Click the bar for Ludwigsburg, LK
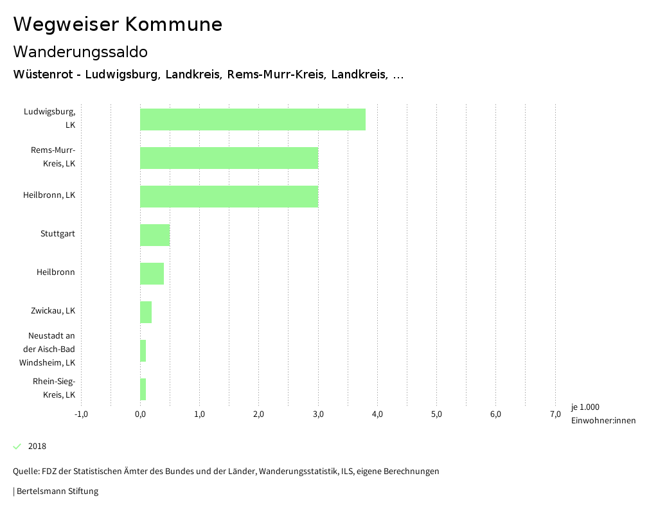click(x=253, y=119)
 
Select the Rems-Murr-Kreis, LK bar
click(x=229, y=158)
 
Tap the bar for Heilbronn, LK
click(x=229, y=197)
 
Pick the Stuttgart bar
click(x=155, y=235)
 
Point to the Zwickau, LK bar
click(x=146, y=312)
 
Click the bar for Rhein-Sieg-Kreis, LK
click(x=143, y=389)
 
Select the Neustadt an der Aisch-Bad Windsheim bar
click(x=143, y=351)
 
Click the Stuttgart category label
click(x=58, y=234)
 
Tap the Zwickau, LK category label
click(x=53, y=311)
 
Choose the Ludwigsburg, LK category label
click(x=50, y=118)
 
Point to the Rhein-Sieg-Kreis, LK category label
click(x=55, y=388)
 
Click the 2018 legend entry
click(x=37, y=446)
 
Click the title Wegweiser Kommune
click(x=118, y=24)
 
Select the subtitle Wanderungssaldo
click(x=80, y=51)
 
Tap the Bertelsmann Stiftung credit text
click(x=57, y=491)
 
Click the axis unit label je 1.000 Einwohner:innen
click(x=603, y=414)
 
